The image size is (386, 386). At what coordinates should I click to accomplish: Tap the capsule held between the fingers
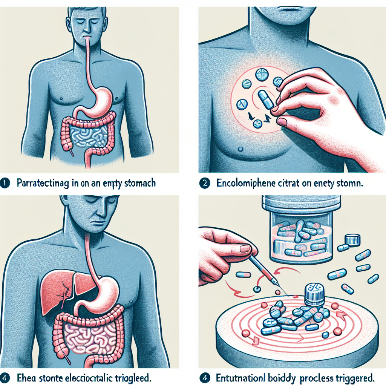pos(265,98)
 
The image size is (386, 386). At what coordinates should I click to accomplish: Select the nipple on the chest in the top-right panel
pos(240,149)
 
